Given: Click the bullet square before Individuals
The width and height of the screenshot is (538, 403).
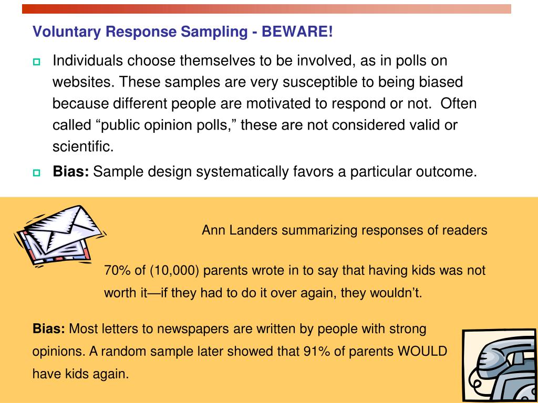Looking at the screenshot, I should click(x=36, y=62).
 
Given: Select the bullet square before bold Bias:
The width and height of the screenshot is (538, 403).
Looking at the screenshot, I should click(x=36, y=173).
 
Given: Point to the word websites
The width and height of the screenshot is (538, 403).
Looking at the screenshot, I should click(x=83, y=82).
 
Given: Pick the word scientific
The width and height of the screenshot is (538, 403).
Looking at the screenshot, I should click(x=82, y=147).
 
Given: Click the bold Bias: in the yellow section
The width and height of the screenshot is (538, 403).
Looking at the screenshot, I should click(x=48, y=330).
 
